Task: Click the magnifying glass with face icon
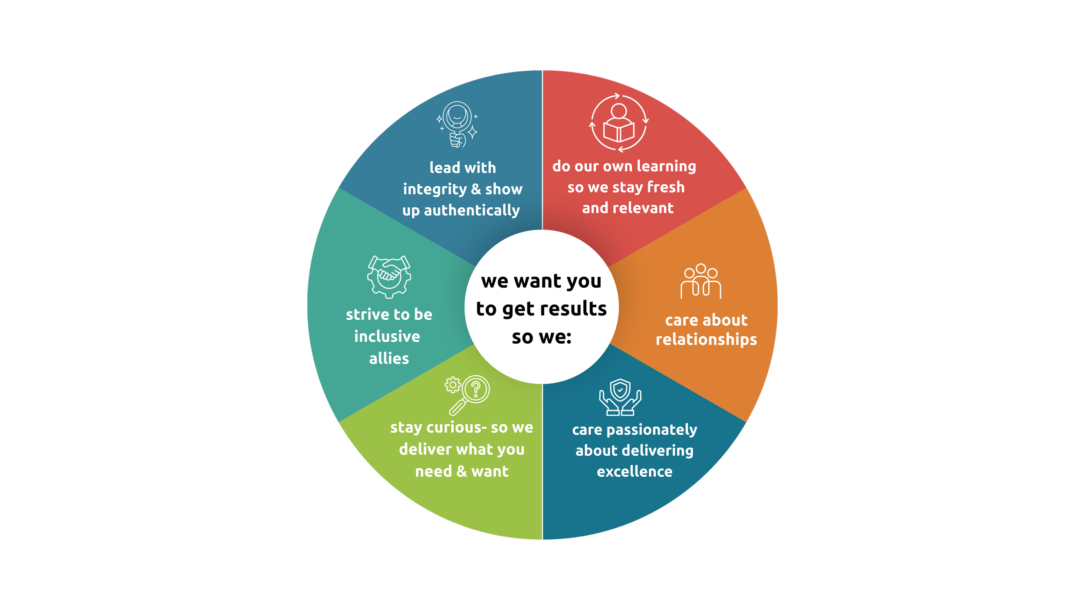click(x=457, y=124)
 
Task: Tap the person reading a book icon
click(x=619, y=123)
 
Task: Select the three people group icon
click(x=700, y=281)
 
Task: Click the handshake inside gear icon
click(x=389, y=276)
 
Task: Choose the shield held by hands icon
click(x=620, y=397)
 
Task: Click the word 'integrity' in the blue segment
click(x=434, y=190)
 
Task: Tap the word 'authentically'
click(x=472, y=211)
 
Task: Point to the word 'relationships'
click(x=706, y=340)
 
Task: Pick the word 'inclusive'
click(x=387, y=337)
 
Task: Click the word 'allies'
click(x=389, y=359)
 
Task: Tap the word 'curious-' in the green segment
click(x=457, y=427)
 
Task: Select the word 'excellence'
click(x=635, y=472)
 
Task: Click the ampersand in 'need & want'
click(x=462, y=472)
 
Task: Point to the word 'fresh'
click(x=665, y=187)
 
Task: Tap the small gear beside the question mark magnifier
click(x=453, y=385)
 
